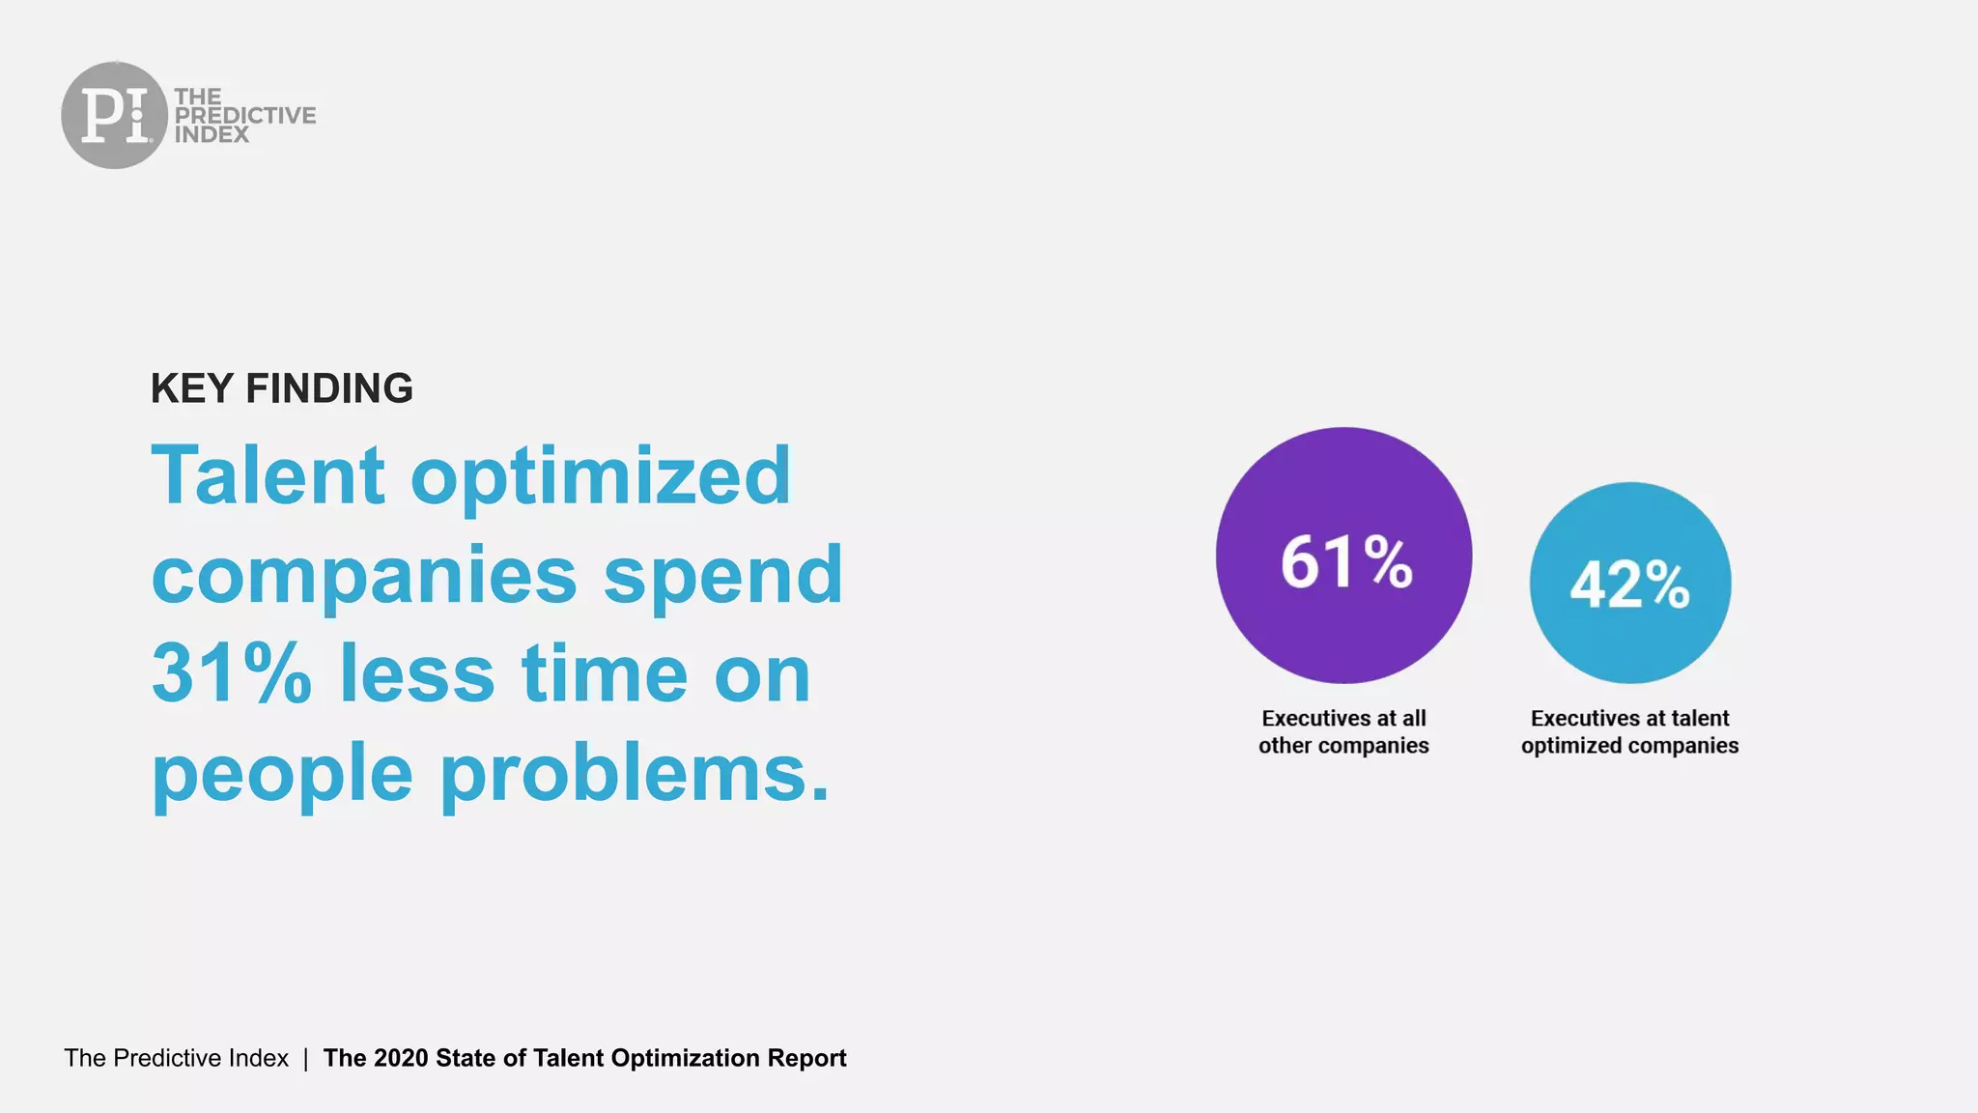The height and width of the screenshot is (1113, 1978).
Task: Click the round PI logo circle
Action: [114, 115]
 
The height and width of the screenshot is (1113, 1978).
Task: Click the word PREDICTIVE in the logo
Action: [244, 115]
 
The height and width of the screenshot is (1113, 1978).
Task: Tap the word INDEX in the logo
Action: [212, 135]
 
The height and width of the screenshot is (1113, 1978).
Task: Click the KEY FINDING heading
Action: [281, 388]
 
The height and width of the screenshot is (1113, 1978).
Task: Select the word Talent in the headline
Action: [268, 475]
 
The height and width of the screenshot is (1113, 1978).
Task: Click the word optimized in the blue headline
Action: [600, 475]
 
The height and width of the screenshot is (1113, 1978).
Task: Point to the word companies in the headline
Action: [364, 577]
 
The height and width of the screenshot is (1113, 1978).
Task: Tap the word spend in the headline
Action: [722, 577]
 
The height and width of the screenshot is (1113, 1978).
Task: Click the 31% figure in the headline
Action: [232, 673]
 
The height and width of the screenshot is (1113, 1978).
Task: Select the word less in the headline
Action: [417, 673]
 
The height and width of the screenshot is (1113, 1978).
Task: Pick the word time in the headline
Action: [605, 673]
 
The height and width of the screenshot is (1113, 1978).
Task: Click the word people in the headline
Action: [282, 775]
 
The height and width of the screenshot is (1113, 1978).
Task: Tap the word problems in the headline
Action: [635, 775]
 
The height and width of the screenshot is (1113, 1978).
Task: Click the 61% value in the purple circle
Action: [1345, 562]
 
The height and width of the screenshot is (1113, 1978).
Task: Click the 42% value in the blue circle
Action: [1629, 585]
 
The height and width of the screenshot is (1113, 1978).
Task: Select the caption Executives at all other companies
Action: [1343, 731]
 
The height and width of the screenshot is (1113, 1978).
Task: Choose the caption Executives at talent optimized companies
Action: [1629, 731]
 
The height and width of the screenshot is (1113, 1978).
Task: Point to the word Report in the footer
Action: [806, 1058]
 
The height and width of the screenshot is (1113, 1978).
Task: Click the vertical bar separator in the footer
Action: [305, 1058]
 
